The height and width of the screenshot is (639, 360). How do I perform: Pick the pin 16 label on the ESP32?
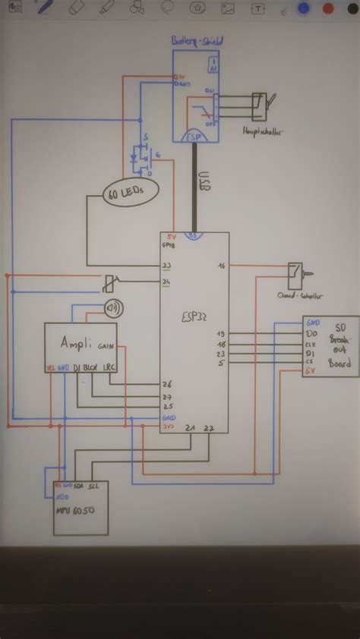click(221, 266)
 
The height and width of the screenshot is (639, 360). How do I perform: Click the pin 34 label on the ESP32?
click(166, 282)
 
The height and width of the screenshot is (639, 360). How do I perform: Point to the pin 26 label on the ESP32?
click(166, 383)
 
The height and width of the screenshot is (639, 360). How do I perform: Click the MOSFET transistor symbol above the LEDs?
click(141, 155)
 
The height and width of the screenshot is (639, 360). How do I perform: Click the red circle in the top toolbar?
click(329, 8)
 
